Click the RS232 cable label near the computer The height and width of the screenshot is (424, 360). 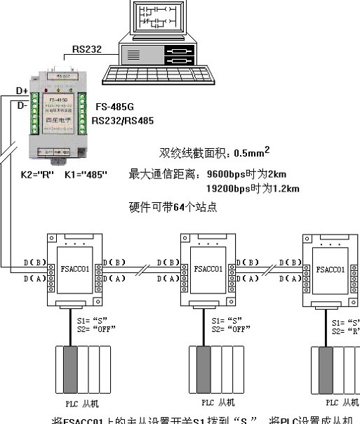[86, 50]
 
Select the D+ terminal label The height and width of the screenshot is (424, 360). [22, 92]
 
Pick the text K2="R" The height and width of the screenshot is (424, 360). [32, 173]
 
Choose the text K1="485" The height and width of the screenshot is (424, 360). [86, 173]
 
